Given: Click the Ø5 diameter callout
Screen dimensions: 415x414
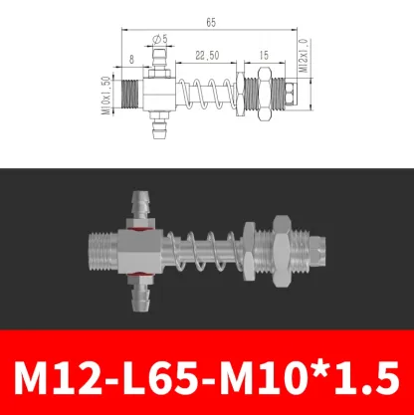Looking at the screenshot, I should [156, 41].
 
